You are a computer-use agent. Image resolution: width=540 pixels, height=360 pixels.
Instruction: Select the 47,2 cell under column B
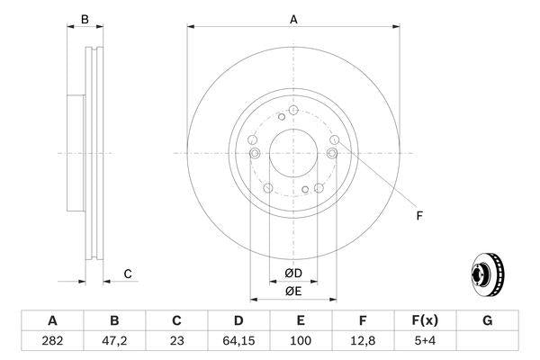click(x=114, y=342)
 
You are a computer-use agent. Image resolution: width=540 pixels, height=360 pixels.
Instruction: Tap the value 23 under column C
click(x=176, y=342)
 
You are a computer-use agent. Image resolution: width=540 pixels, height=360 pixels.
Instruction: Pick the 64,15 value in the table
click(x=238, y=342)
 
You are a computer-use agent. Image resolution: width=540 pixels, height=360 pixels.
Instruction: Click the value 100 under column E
click(x=301, y=342)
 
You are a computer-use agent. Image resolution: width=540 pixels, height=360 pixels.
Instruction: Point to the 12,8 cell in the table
click(x=363, y=342)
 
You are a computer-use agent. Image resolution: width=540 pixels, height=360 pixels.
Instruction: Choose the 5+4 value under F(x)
click(x=425, y=342)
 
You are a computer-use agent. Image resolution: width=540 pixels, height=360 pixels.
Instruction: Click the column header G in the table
click(x=487, y=320)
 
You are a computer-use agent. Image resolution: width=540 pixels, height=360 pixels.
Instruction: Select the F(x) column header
click(x=425, y=320)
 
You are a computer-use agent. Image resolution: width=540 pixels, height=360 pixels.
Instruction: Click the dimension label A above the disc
click(x=292, y=19)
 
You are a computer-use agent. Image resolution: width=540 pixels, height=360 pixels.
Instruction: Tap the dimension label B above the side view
click(x=85, y=19)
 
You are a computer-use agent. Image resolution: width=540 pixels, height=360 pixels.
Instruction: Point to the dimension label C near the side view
click(x=128, y=274)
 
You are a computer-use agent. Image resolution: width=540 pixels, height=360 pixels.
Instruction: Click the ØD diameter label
click(x=292, y=273)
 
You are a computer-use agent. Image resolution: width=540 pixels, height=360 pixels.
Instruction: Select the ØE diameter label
click(x=292, y=291)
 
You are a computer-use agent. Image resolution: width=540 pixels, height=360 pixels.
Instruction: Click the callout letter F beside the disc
click(x=418, y=214)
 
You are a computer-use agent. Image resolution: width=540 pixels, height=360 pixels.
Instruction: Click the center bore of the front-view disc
click(x=292, y=154)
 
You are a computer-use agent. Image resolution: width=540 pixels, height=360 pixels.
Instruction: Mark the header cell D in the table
click(x=238, y=320)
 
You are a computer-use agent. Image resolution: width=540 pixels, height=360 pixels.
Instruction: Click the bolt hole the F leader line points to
click(x=335, y=140)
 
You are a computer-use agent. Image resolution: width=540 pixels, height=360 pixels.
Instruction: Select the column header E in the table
click(x=301, y=320)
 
